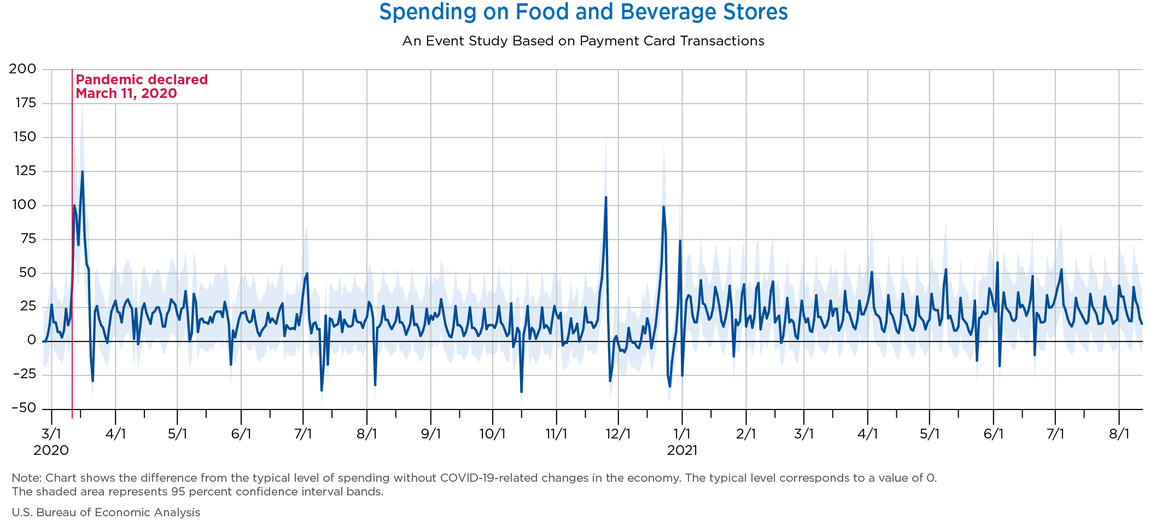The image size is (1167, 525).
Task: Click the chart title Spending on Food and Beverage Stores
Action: (583, 12)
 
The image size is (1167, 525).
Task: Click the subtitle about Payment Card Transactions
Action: (583, 41)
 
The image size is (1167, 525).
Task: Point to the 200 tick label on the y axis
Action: (22, 69)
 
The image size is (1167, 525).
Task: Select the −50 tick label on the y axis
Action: (22, 408)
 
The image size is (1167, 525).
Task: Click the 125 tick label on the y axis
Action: (22, 171)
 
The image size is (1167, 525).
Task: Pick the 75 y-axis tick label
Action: (26, 239)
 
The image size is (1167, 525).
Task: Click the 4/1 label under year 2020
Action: (115, 434)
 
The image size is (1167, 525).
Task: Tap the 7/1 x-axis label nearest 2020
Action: (303, 434)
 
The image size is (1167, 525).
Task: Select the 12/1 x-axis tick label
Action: (618, 434)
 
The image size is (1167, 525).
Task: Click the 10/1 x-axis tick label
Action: (492, 434)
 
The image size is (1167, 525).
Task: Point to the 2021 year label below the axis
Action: (682, 451)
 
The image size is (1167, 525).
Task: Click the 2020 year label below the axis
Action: (51, 451)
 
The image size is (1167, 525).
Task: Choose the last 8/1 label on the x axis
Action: (1119, 434)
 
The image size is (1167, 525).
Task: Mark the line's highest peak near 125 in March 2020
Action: (82, 171)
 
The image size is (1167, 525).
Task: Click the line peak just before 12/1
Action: (605, 197)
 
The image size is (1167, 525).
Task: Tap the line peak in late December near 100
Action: (663, 207)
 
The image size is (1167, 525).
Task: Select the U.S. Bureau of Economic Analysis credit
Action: (106, 512)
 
